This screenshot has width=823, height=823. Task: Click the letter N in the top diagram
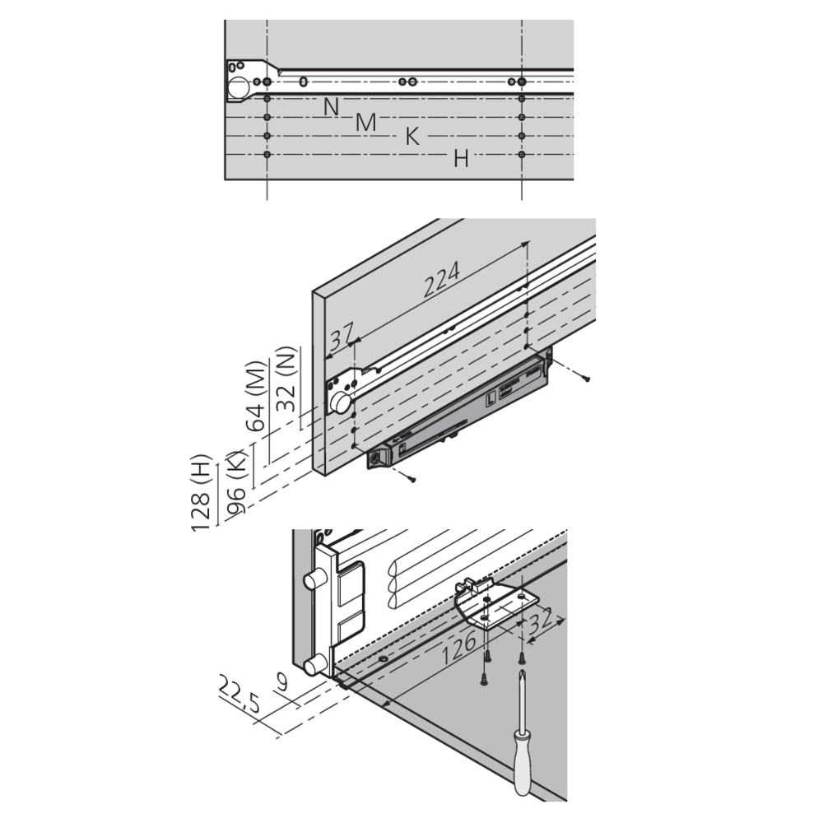[x=331, y=106]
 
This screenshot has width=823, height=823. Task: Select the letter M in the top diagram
[x=366, y=123]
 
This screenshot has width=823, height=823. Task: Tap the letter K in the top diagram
[x=412, y=137]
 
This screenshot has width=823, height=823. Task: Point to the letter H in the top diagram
[x=461, y=158]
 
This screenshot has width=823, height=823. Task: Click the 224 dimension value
[x=442, y=279]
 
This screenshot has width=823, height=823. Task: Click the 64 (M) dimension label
[x=256, y=396]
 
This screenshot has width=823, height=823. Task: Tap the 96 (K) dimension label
[x=236, y=482]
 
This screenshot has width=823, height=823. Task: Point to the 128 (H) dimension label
[x=201, y=492]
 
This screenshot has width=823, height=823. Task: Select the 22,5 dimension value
[x=239, y=694]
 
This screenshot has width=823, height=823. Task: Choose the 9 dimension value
[x=282, y=682]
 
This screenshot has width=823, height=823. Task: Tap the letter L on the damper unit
[x=491, y=399]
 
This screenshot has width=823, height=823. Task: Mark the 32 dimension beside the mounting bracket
[x=541, y=622]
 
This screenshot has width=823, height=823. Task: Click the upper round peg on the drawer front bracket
[x=314, y=582]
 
